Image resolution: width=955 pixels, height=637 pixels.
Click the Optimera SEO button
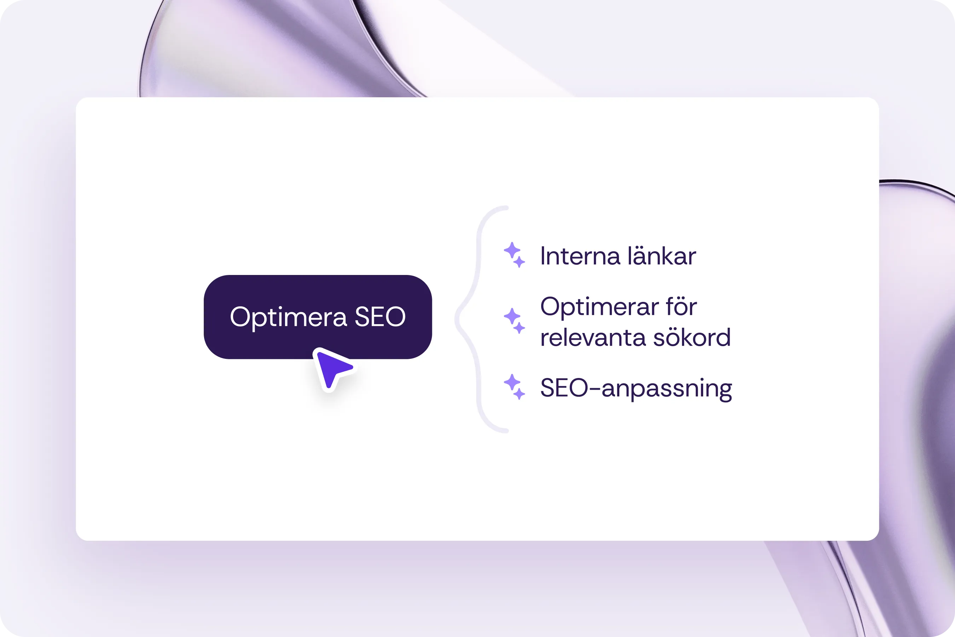click(318, 317)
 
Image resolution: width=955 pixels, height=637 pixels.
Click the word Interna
click(580, 256)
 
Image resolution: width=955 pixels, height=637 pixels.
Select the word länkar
click(662, 256)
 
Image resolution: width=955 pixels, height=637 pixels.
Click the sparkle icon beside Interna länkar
click(514, 255)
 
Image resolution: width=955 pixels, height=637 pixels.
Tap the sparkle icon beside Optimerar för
click(514, 321)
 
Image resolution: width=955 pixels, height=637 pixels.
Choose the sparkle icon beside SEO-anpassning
click(514, 387)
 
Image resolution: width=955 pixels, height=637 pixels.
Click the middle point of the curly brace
click(457, 319)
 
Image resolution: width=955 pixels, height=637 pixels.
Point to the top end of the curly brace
click(507, 208)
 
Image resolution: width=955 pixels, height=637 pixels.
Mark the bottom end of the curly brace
click(507, 431)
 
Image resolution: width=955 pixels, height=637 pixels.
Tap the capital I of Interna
click(543, 256)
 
